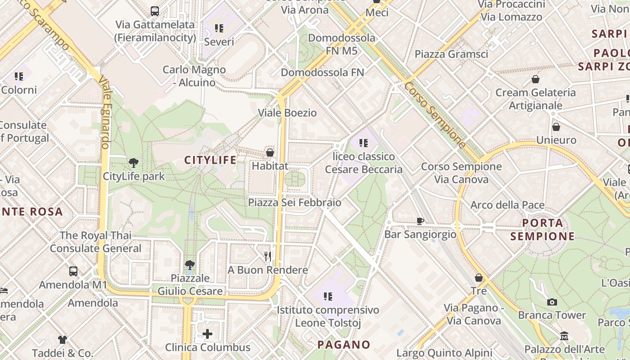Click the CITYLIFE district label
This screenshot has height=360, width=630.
point(211,160)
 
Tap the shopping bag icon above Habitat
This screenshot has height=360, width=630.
point(270,153)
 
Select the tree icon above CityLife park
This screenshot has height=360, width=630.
point(134,162)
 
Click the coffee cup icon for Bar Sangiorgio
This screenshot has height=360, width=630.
point(420,221)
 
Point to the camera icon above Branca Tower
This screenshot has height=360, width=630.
point(552,302)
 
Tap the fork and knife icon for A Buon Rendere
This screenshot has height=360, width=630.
point(268,256)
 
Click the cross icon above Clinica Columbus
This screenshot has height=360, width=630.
point(207,334)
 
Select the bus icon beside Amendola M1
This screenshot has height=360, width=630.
point(73,271)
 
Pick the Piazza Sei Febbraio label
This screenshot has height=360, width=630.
point(295,202)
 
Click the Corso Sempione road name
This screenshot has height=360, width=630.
point(435,115)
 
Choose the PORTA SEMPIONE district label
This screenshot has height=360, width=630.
point(543,229)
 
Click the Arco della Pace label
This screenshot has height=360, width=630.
point(508,205)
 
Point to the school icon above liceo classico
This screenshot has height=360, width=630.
point(364,143)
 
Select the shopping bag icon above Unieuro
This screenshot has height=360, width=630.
point(556,127)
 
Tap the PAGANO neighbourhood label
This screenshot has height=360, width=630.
point(344,345)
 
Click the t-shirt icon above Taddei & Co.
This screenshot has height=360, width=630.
point(63,339)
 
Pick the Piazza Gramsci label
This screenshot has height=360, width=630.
point(451,54)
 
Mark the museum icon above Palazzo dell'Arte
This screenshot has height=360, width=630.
point(564,336)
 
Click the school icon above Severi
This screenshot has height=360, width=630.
point(219,29)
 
